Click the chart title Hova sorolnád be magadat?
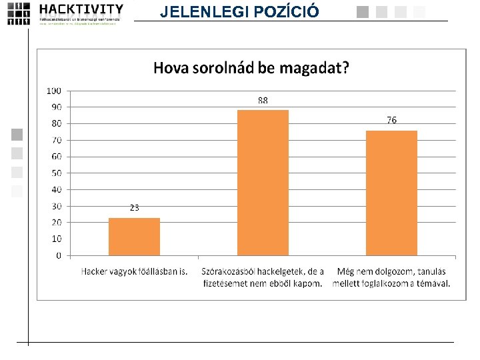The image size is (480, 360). [251, 67]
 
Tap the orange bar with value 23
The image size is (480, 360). [134, 237]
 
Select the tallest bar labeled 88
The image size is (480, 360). [263, 183]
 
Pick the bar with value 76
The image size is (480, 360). [391, 193]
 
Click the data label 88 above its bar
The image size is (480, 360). [263, 101]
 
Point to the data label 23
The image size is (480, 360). [134, 208]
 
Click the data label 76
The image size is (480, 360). [391, 121]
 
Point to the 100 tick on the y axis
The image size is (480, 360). [54, 91]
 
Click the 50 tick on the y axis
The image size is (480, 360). [56, 173]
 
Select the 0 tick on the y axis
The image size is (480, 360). [59, 255]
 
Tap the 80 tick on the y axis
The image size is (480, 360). [56, 123]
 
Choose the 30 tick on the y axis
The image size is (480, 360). [56, 206]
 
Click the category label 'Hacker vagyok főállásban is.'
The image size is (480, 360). [134, 271]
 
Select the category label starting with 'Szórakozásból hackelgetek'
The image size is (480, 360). [263, 277]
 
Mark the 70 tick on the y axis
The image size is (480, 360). [56, 140]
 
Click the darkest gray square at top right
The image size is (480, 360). [363, 11]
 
